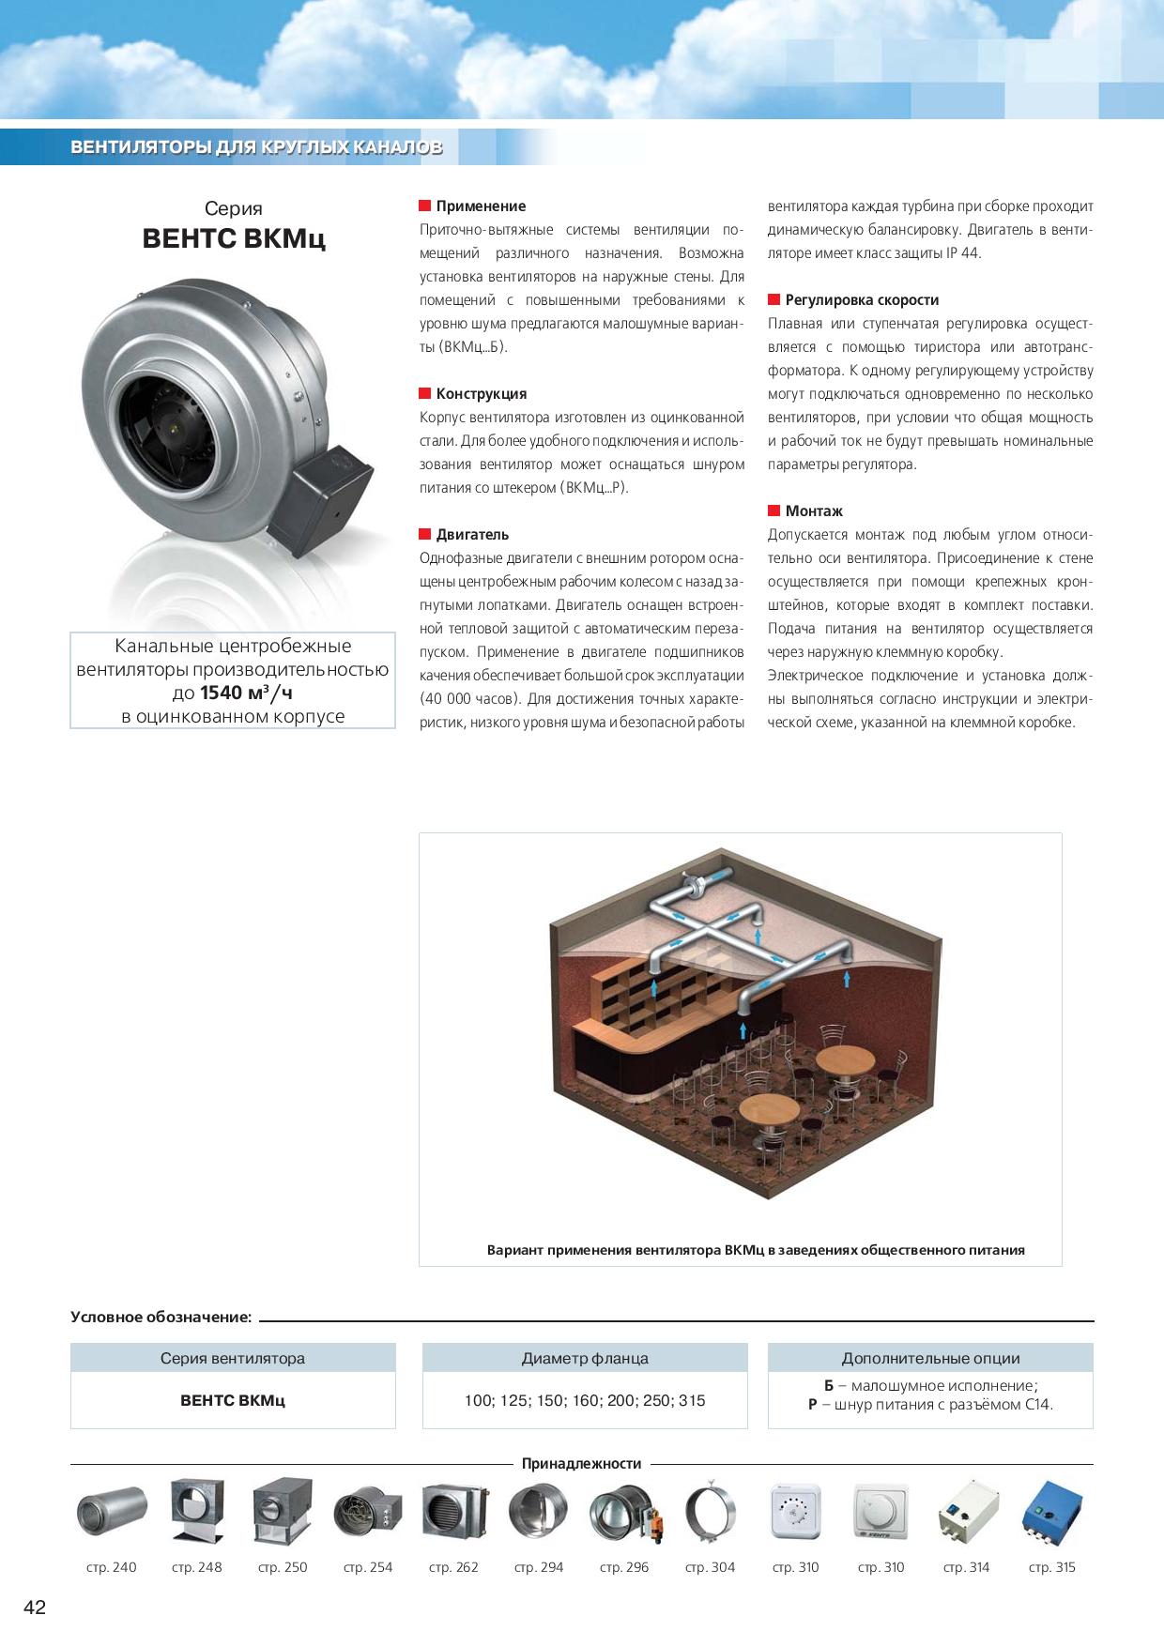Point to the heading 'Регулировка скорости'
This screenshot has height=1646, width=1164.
coord(862,300)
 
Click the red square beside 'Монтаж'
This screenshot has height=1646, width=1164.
coord(774,511)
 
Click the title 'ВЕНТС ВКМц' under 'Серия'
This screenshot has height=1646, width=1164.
coord(234,239)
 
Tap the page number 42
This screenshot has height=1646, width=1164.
coord(34,1608)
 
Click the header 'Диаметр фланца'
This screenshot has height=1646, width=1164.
coord(585,1358)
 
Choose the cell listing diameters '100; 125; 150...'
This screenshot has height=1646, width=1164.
coord(585,1400)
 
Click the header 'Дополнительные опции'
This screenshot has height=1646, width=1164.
coord(930,1358)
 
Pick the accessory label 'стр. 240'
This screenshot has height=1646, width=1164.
coord(111,1567)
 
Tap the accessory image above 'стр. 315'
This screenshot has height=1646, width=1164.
coord(1051,1510)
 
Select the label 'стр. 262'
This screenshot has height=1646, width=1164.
coord(453,1567)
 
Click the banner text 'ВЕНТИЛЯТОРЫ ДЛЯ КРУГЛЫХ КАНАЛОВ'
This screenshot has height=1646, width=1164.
coord(256,148)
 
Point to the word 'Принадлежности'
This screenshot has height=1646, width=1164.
coord(582,1464)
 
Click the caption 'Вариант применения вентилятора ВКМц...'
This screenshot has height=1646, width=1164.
coord(756,1250)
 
